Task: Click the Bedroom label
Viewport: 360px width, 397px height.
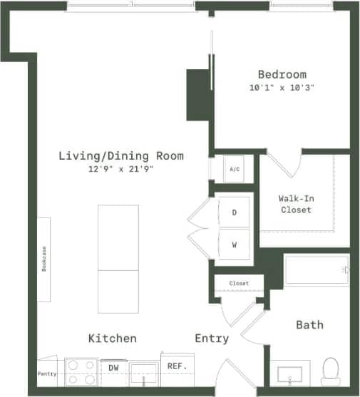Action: pos(282,74)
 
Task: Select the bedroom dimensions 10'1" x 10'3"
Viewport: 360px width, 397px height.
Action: pos(282,88)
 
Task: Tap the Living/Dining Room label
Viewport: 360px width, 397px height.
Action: pos(121,155)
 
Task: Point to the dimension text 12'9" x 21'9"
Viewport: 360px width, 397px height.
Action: pos(121,170)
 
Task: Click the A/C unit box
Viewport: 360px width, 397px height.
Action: pos(235,170)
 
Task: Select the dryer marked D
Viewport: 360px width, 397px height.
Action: pos(235,212)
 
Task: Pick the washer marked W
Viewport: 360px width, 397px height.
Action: pos(235,245)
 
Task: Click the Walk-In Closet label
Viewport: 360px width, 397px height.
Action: pos(296,204)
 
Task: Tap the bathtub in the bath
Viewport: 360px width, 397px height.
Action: pos(317,270)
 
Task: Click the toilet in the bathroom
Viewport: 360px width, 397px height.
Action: pos(330,371)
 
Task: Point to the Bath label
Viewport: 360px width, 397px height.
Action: pos(309,325)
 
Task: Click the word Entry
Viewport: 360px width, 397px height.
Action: pos(212,339)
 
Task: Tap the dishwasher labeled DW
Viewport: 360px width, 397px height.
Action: pos(113,368)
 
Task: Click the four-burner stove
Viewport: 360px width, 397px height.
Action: pos(81,372)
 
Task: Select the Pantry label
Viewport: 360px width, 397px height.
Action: pos(47,373)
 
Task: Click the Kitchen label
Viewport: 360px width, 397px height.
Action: pos(112,338)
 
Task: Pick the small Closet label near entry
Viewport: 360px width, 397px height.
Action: pos(239,283)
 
